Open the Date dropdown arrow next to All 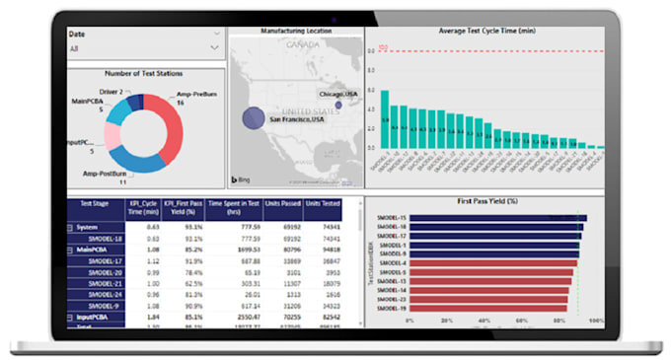click(x=216, y=46)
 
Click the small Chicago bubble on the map click(x=338, y=105)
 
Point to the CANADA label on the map click(x=304, y=45)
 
